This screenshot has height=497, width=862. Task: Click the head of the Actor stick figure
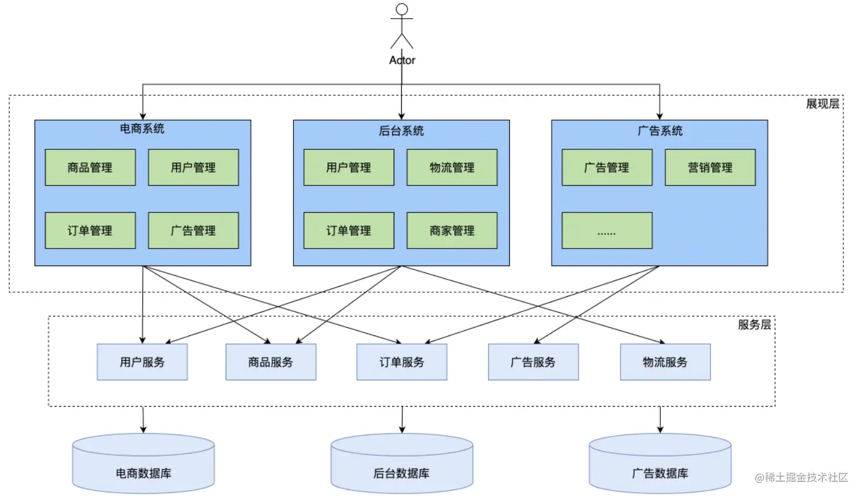[x=402, y=9]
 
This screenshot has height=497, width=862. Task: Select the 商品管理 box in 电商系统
[x=90, y=167]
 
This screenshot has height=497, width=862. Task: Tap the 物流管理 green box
[x=452, y=167]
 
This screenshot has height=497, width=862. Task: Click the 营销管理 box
[x=710, y=167]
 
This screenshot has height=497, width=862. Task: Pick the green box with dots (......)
[x=607, y=230]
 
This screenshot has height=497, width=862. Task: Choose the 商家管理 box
[x=452, y=230]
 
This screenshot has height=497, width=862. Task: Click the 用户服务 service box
[x=142, y=362]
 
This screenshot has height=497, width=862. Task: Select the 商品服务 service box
[x=271, y=362]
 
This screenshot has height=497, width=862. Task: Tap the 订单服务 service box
[x=402, y=362]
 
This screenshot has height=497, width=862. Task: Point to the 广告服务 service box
[x=534, y=362]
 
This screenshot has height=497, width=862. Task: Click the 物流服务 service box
[x=665, y=362]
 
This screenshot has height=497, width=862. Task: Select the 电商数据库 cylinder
[x=143, y=464]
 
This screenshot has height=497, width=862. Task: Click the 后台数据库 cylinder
[x=402, y=464]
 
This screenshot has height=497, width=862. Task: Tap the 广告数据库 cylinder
[x=660, y=464]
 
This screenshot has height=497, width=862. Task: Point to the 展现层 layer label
[x=823, y=104]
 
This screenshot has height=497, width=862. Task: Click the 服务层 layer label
[x=754, y=325]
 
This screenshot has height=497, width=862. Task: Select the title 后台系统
[x=401, y=131]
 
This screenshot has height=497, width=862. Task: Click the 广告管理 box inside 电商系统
[x=194, y=230]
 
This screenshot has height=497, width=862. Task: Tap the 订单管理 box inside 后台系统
[x=349, y=230]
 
